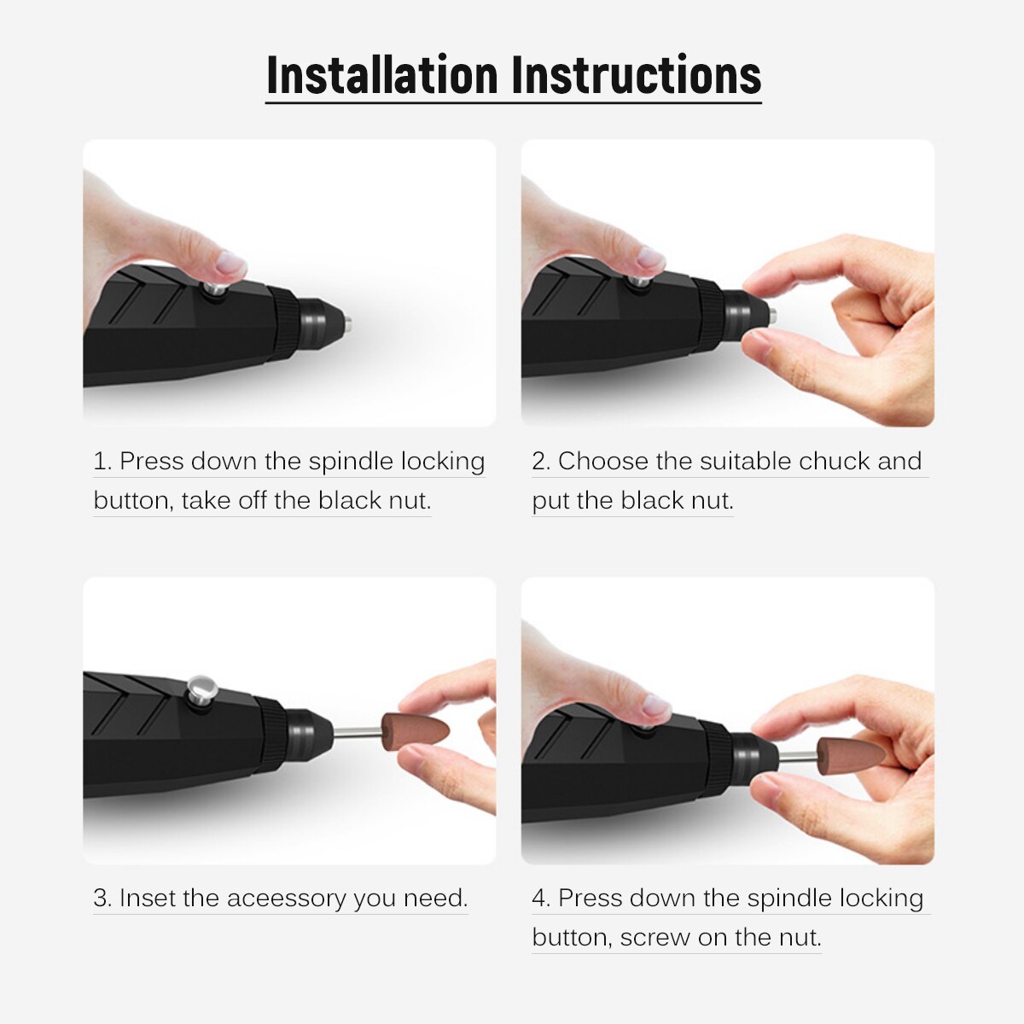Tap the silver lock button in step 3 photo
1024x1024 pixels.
click(x=201, y=689)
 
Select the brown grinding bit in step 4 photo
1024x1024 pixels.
click(x=850, y=756)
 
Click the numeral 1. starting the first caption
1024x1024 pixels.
click(x=102, y=461)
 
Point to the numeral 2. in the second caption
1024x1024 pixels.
click(x=541, y=461)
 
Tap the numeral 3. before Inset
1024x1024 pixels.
click(x=102, y=898)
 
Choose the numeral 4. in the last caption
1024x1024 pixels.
click(x=541, y=898)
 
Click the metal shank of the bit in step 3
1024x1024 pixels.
click(x=357, y=732)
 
